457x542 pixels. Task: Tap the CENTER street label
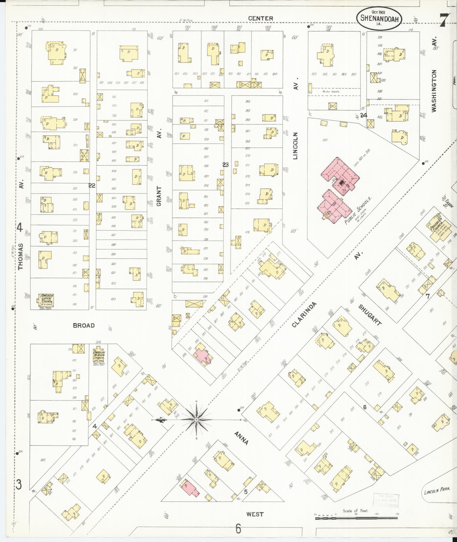(261, 18)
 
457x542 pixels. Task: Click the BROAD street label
(84, 326)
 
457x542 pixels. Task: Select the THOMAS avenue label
(20, 256)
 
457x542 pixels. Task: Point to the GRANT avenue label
(159, 195)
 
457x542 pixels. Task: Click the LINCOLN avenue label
(296, 146)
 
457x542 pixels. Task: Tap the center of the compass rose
(196, 419)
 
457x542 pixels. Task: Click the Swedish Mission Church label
(99, 356)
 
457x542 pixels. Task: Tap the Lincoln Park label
(437, 491)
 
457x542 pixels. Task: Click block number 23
(225, 165)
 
